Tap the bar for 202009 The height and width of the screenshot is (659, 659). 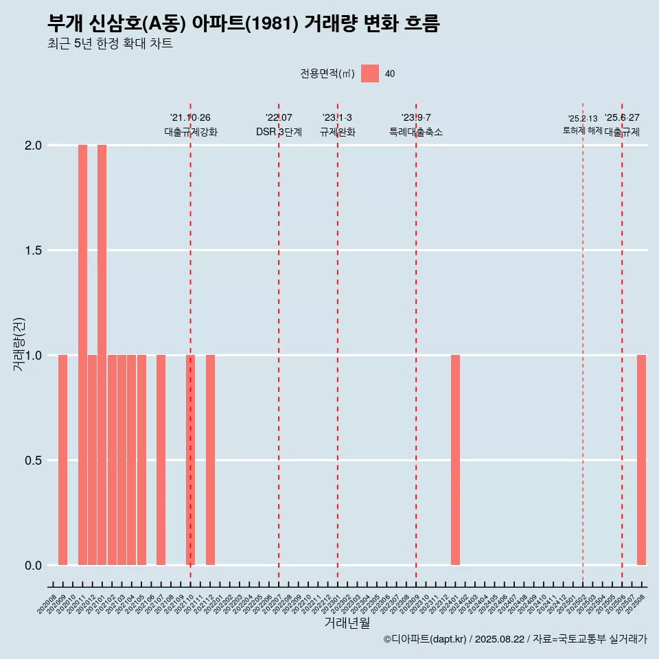pos(62,460)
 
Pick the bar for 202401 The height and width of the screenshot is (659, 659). pos(455,460)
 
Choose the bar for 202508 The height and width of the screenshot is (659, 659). pos(641,460)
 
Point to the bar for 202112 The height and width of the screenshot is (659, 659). pos(210,460)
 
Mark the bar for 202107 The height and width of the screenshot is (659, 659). pos(161,460)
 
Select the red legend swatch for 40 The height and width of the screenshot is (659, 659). pos(370,73)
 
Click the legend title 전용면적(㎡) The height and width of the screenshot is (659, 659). pos(327,73)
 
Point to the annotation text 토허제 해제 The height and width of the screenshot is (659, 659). pos(583,130)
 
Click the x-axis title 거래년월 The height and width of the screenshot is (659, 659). pos(347,623)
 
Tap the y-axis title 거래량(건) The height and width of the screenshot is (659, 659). pos(19,344)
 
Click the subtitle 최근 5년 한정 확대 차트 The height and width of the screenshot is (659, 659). pos(110,44)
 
